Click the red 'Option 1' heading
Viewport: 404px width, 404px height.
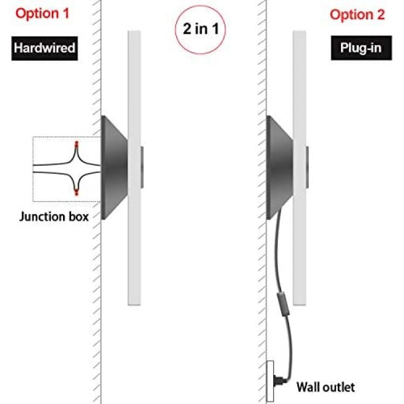(x=43, y=13)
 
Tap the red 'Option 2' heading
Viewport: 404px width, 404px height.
(x=357, y=15)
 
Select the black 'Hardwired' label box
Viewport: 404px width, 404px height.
(x=45, y=48)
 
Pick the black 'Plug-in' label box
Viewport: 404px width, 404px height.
(x=361, y=48)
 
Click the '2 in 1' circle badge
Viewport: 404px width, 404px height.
(x=200, y=29)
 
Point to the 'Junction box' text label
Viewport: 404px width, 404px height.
(x=54, y=217)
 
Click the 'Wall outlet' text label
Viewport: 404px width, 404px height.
(x=326, y=387)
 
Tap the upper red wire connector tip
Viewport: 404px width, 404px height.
(x=76, y=143)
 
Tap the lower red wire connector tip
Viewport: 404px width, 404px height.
(x=76, y=192)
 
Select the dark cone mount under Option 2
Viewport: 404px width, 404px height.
(x=279, y=168)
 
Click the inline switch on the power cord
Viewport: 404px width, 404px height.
(x=283, y=304)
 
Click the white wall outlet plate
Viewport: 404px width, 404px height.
(x=270, y=381)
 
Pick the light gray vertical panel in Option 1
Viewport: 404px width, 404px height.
(x=134, y=168)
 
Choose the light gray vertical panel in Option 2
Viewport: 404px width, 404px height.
(x=299, y=168)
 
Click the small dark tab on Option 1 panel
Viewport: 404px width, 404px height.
(x=142, y=167)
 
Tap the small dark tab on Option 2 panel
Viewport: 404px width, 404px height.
(x=308, y=167)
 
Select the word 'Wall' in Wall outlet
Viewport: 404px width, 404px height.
(x=308, y=387)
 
